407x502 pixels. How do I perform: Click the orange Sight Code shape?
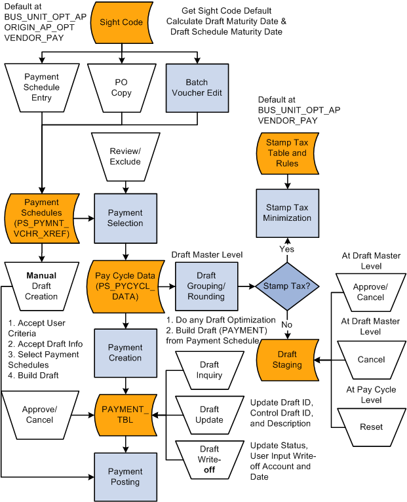121,22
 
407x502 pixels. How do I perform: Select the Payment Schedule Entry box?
41,87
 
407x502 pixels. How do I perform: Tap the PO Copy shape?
121,87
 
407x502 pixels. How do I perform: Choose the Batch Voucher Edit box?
197,87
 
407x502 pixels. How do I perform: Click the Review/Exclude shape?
125,156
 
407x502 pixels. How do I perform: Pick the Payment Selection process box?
125,218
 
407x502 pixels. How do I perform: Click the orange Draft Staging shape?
287,359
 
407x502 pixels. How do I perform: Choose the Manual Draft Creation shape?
41,286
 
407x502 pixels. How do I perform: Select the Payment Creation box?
125,353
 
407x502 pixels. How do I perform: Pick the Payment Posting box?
125,476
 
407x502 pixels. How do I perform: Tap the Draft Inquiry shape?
210,370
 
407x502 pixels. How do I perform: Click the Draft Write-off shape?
210,459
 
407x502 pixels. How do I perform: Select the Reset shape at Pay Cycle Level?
371,427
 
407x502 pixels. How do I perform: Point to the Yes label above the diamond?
287,249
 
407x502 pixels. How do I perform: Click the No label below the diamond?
286,324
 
